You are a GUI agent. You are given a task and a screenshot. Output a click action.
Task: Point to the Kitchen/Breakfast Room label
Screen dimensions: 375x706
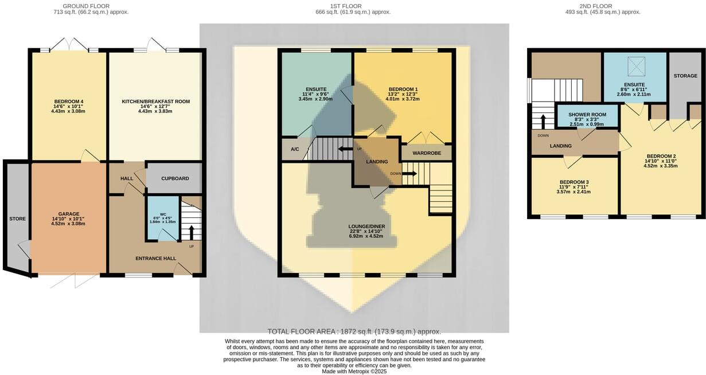click(155, 101)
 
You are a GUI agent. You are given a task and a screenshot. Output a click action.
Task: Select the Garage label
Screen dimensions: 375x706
click(68, 214)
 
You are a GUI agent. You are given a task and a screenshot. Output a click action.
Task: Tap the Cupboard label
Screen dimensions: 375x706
click(174, 178)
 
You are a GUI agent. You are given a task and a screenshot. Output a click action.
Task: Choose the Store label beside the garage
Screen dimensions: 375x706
click(17, 218)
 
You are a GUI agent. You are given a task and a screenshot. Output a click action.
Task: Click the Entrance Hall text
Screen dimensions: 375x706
click(155, 258)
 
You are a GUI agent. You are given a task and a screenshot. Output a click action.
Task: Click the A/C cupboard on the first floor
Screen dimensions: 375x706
click(295, 149)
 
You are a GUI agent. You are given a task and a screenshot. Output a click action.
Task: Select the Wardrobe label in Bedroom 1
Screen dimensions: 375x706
click(426, 153)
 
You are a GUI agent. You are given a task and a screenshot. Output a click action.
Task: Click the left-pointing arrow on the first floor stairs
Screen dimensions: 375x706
click(345, 149)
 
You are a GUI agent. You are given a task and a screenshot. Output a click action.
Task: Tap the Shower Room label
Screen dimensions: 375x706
click(588, 115)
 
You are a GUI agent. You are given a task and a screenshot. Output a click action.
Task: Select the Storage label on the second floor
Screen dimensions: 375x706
click(685, 75)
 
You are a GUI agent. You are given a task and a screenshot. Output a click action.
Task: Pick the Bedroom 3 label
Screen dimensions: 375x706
click(574, 182)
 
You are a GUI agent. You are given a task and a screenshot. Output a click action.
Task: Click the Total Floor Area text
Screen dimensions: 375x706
click(354, 331)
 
